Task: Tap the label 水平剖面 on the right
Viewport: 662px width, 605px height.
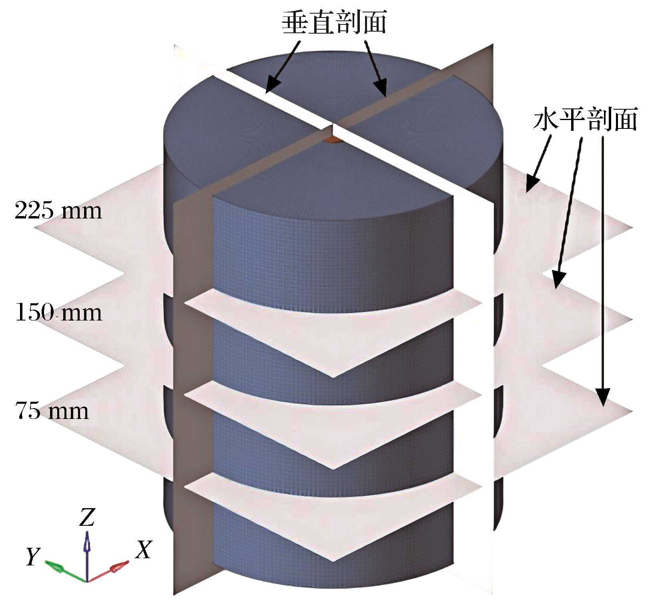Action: (585, 119)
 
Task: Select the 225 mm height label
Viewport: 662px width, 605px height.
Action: (58, 210)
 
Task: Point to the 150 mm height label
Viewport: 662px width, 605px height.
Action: (58, 312)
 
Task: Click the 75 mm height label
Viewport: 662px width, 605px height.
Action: (52, 411)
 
